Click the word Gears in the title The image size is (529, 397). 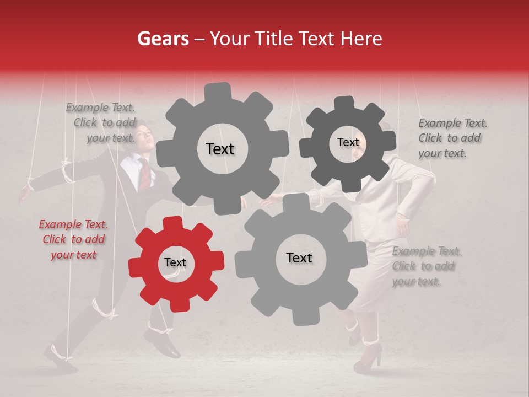point(163,39)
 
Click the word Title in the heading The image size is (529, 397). point(276,39)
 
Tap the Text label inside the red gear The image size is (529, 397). point(175,263)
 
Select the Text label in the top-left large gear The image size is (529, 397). point(220,149)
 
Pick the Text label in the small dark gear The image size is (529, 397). point(348,142)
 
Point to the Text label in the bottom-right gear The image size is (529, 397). point(299,257)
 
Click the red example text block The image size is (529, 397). point(73,239)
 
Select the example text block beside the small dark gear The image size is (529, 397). point(452,138)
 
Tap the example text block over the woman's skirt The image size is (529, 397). point(426,266)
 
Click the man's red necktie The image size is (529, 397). point(144,173)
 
